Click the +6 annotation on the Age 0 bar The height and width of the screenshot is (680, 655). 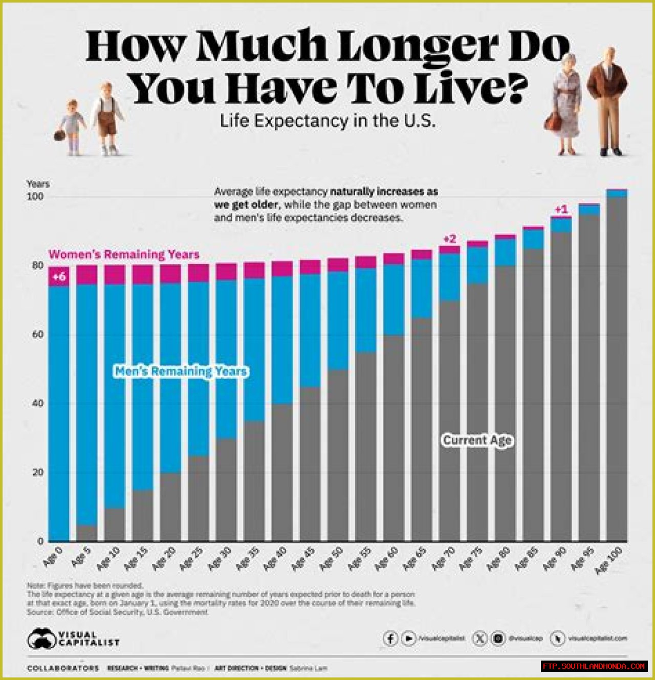[59, 277]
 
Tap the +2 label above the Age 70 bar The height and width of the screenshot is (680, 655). [449, 239]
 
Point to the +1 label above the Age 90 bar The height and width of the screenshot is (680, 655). [561, 209]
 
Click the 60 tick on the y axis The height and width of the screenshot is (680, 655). [37, 335]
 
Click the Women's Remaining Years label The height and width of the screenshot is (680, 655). [124, 254]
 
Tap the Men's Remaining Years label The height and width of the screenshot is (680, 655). [181, 371]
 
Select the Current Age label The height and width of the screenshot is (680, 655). [477, 440]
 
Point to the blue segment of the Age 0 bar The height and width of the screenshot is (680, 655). [58, 409]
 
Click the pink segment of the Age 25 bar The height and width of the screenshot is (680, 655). [198, 273]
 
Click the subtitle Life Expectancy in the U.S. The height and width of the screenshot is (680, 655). [327, 121]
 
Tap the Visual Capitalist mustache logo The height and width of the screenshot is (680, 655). [42, 639]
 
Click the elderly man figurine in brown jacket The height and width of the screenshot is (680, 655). [607, 100]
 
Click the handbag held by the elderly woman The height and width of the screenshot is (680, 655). [553, 122]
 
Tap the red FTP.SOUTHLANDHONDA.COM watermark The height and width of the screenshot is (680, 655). [594, 666]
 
